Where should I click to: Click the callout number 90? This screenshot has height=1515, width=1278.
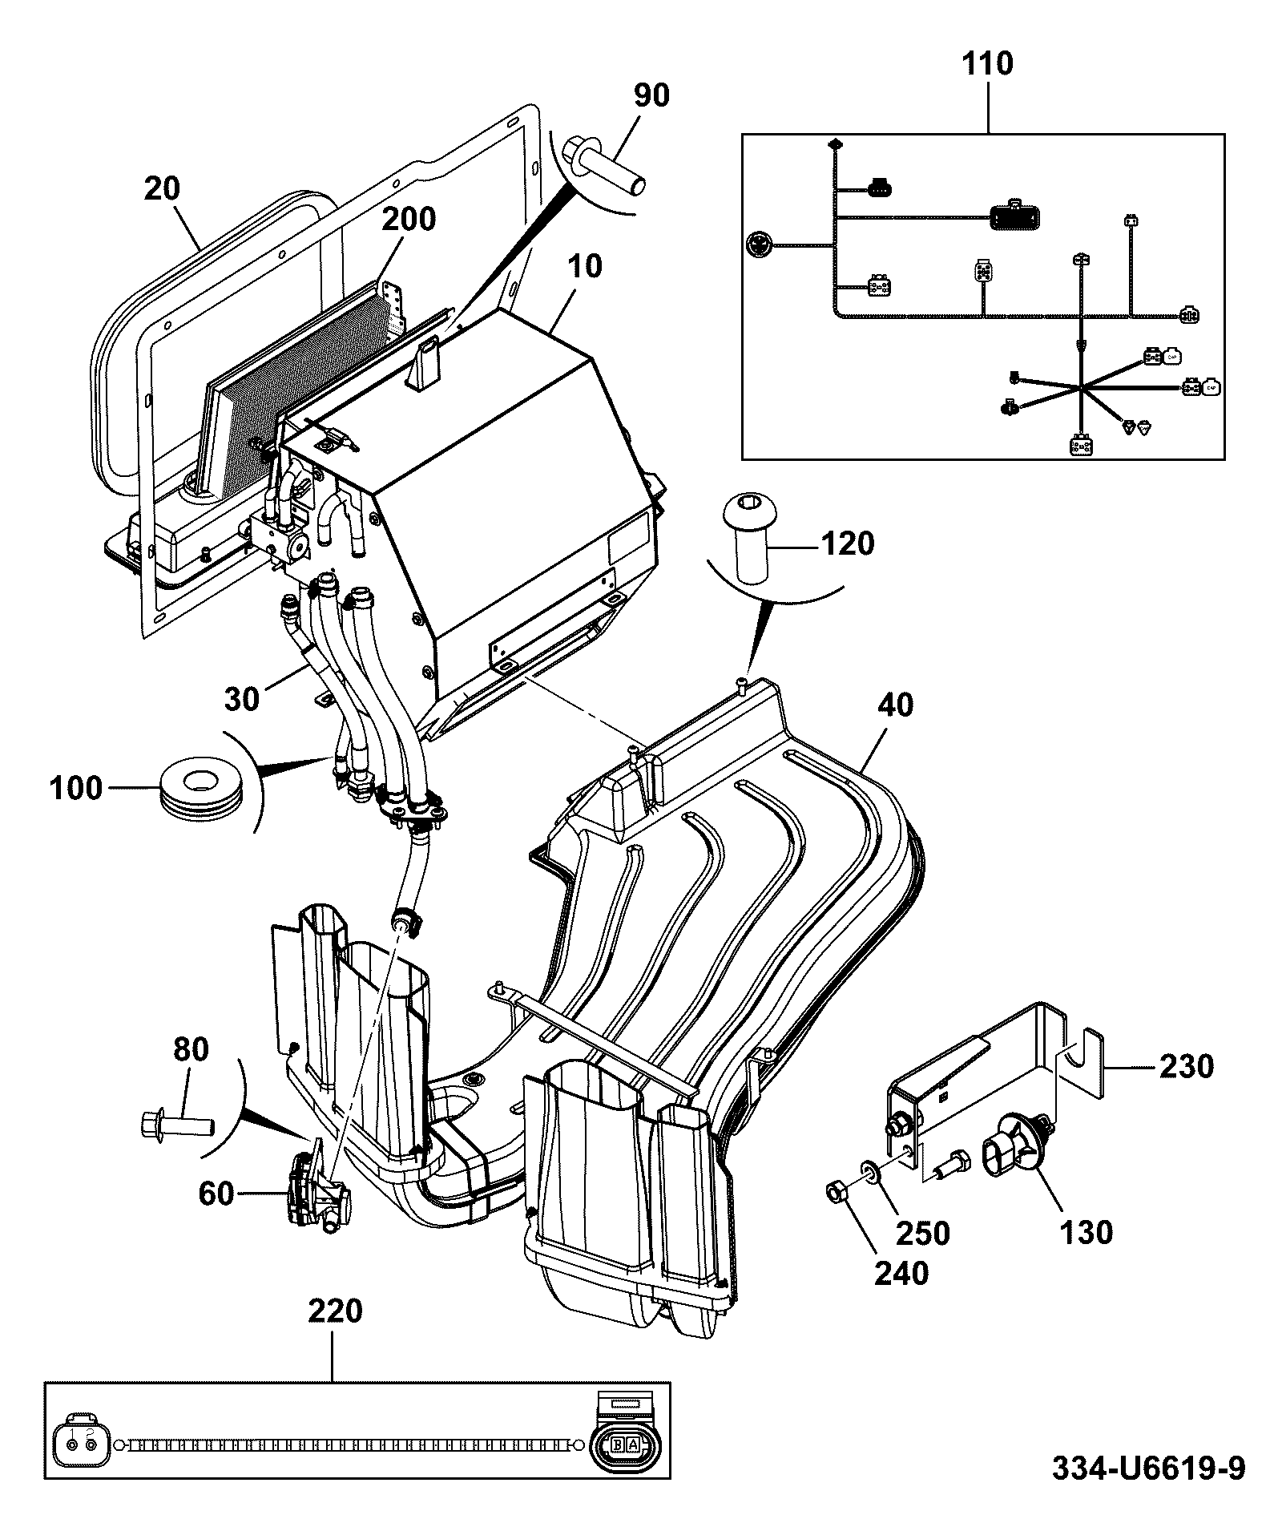[651, 95]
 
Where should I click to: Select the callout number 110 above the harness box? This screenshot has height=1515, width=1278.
[986, 63]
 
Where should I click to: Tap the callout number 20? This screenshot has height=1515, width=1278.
[162, 189]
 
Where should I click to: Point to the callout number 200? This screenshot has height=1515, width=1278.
[408, 219]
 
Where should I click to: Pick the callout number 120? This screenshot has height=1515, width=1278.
[849, 544]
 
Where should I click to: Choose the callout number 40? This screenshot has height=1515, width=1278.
[895, 705]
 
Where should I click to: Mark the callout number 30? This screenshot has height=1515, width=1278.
[242, 699]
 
